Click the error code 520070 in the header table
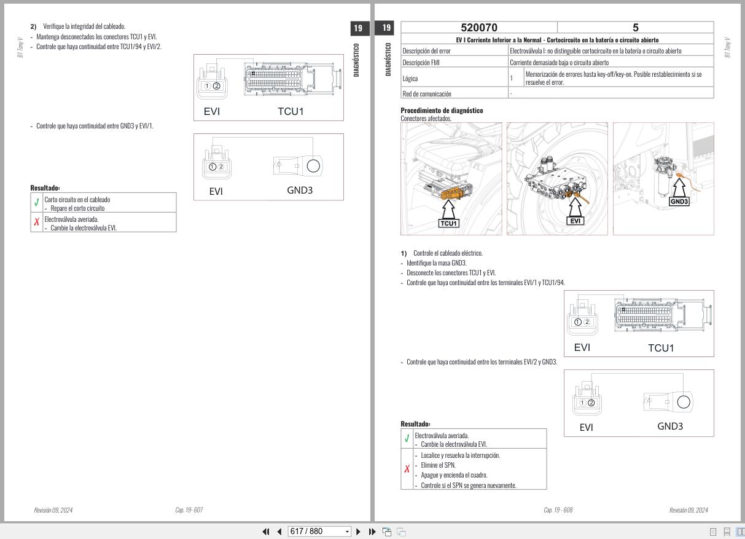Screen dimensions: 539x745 click(x=479, y=28)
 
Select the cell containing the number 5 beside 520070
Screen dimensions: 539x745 click(x=635, y=28)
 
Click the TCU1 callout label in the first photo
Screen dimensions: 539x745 click(x=449, y=223)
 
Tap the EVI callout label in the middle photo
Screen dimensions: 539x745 click(x=575, y=221)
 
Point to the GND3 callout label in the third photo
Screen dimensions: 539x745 click(x=679, y=202)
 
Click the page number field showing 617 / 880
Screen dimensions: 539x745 click(x=319, y=531)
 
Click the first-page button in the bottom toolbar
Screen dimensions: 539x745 click(x=266, y=531)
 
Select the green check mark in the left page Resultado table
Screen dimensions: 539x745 click(x=37, y=202)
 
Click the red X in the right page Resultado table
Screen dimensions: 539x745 click(x=407, y=469)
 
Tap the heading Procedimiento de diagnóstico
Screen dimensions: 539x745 click(x=442, y=111)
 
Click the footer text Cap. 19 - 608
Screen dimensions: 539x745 click(x=558, y=509)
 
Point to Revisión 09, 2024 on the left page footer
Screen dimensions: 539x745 click(x=53, y=509)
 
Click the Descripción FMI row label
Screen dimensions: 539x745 click(x=421, y=62)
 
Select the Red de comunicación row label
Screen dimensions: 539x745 click(x=426, y=93)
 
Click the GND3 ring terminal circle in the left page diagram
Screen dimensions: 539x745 click(x=313, y=165)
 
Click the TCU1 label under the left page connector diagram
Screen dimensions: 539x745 click(x=291, y=111)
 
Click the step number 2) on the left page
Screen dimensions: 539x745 click(x=33, y=26)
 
